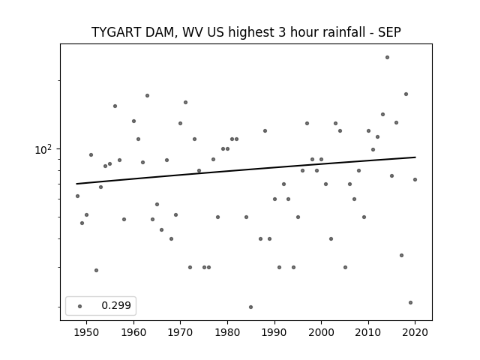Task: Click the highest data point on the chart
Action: coord(387,57)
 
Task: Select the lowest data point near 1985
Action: coord(250,307)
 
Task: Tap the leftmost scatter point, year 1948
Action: coord(77,196)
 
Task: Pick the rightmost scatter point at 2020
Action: coord(415,180)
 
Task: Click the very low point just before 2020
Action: coord(410,302)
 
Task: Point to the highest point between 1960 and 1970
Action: coord(147,95)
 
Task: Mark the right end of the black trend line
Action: coord(415,157)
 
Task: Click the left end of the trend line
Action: coord(76,184)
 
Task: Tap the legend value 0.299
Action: coord(116,305)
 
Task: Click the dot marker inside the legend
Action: coord(80,306)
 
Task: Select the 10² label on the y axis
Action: coord(43,150)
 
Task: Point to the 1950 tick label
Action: coord(87,332)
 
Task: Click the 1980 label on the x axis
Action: coord(227,332)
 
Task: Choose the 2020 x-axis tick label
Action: coord(415,332)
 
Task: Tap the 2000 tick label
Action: coord(321,332)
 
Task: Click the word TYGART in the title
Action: coord(116,32)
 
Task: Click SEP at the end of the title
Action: coord(389,32)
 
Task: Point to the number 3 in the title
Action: coord(282,32)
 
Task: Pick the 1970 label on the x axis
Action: coord(180,332)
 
